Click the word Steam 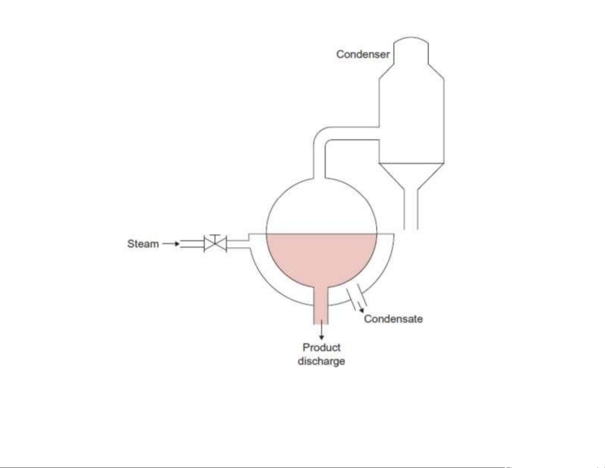143,244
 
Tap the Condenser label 363,54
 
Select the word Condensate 393,319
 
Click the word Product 321,348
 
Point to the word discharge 321,361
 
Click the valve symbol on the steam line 215,243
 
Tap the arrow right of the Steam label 171,244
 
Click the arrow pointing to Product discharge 321,330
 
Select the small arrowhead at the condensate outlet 361,310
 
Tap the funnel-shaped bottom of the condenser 411,175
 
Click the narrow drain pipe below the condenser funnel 411,209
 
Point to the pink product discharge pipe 321,306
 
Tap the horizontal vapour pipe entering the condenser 352,133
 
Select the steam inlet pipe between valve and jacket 237,243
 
